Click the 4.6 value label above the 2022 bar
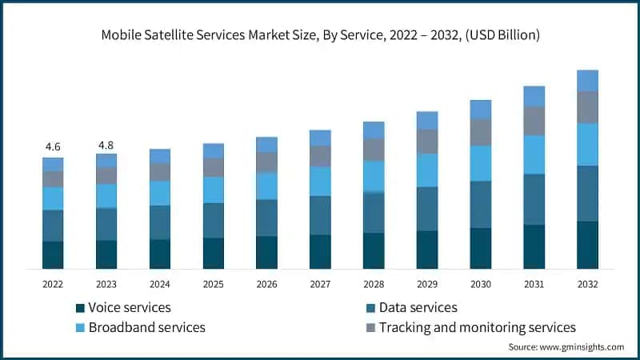pos(53,146)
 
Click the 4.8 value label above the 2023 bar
pos(106,145)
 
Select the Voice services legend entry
pos(129,307)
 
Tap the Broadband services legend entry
pos(146,327)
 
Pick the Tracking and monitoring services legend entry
pos(477,327)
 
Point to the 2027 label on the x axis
pos(320,284)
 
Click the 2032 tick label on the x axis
pos(587,284)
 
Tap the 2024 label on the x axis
pos(160,284)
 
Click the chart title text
pos(320,35)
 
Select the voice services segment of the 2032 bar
pos(587,245)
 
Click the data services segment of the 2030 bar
pos(481,204)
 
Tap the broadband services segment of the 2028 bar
pos(374,176)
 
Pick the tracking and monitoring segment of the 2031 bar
pos(534,121)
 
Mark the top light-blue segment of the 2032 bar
pos(587,80)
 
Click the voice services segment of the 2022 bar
pos(53,254)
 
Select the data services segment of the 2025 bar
pos(214,220)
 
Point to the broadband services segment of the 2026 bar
pos(266,186)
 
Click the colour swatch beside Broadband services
pos(80,328)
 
